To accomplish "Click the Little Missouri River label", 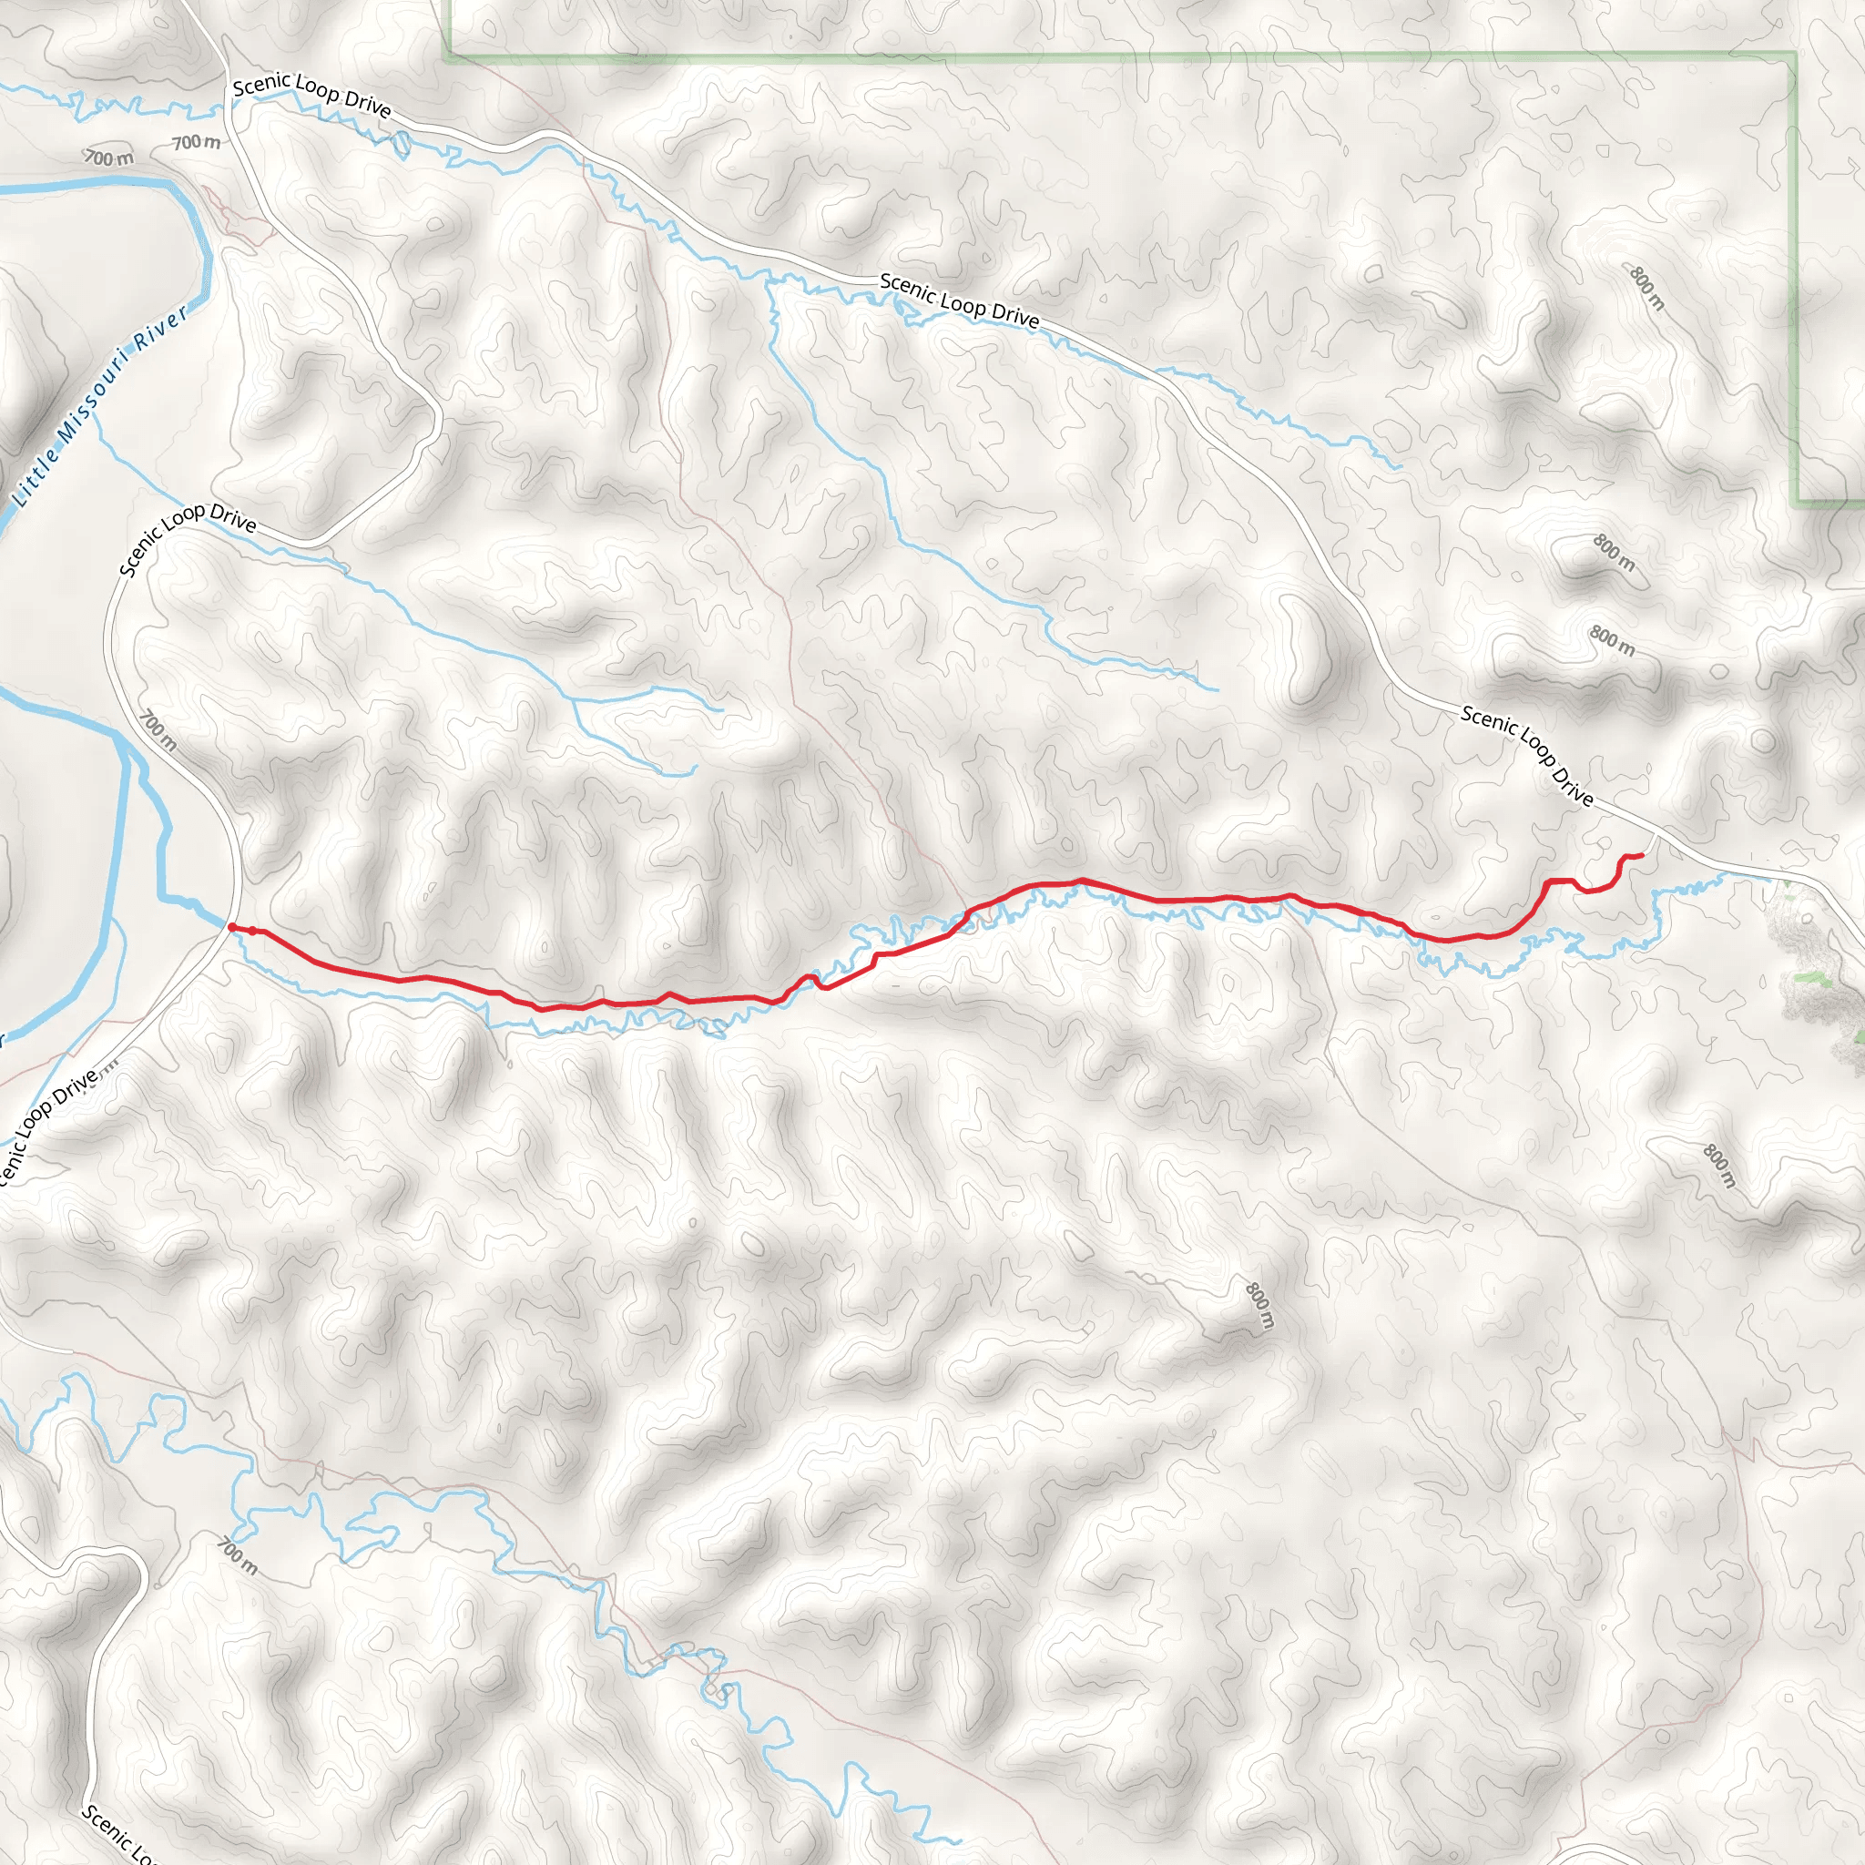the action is pyautogui.click(x=101, y=406).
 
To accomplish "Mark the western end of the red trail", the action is pyautogui.click(x=230, y=927).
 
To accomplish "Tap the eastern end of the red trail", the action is pyautogui.click(x=1642, y=855).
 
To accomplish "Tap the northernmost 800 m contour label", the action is pyautogui.click(x=1647, y=288).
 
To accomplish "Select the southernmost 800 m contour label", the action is pyautogui.click(x=1259, y=1305).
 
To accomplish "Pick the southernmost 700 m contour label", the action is pyautogui.click(x=238, y=1556).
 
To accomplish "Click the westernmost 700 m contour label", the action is pyautogui.click(x=108, y=157).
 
